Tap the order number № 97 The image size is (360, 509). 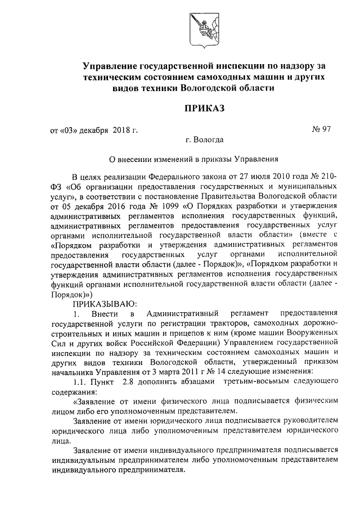pyautogui.click(x=322, y=130)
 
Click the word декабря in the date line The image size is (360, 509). pyautogui.click(x=92, y=130)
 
